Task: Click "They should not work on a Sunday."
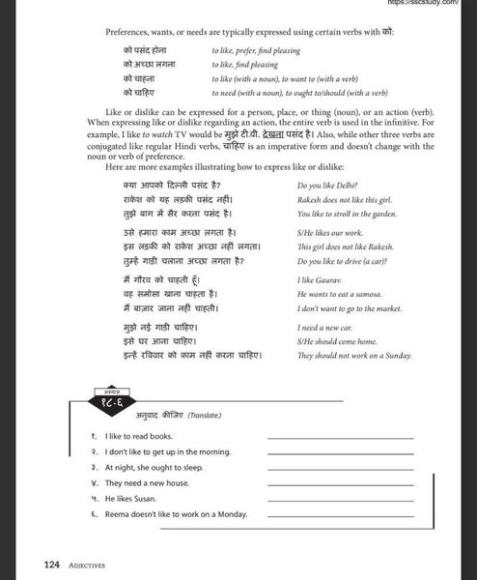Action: [x=355, y=356]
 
